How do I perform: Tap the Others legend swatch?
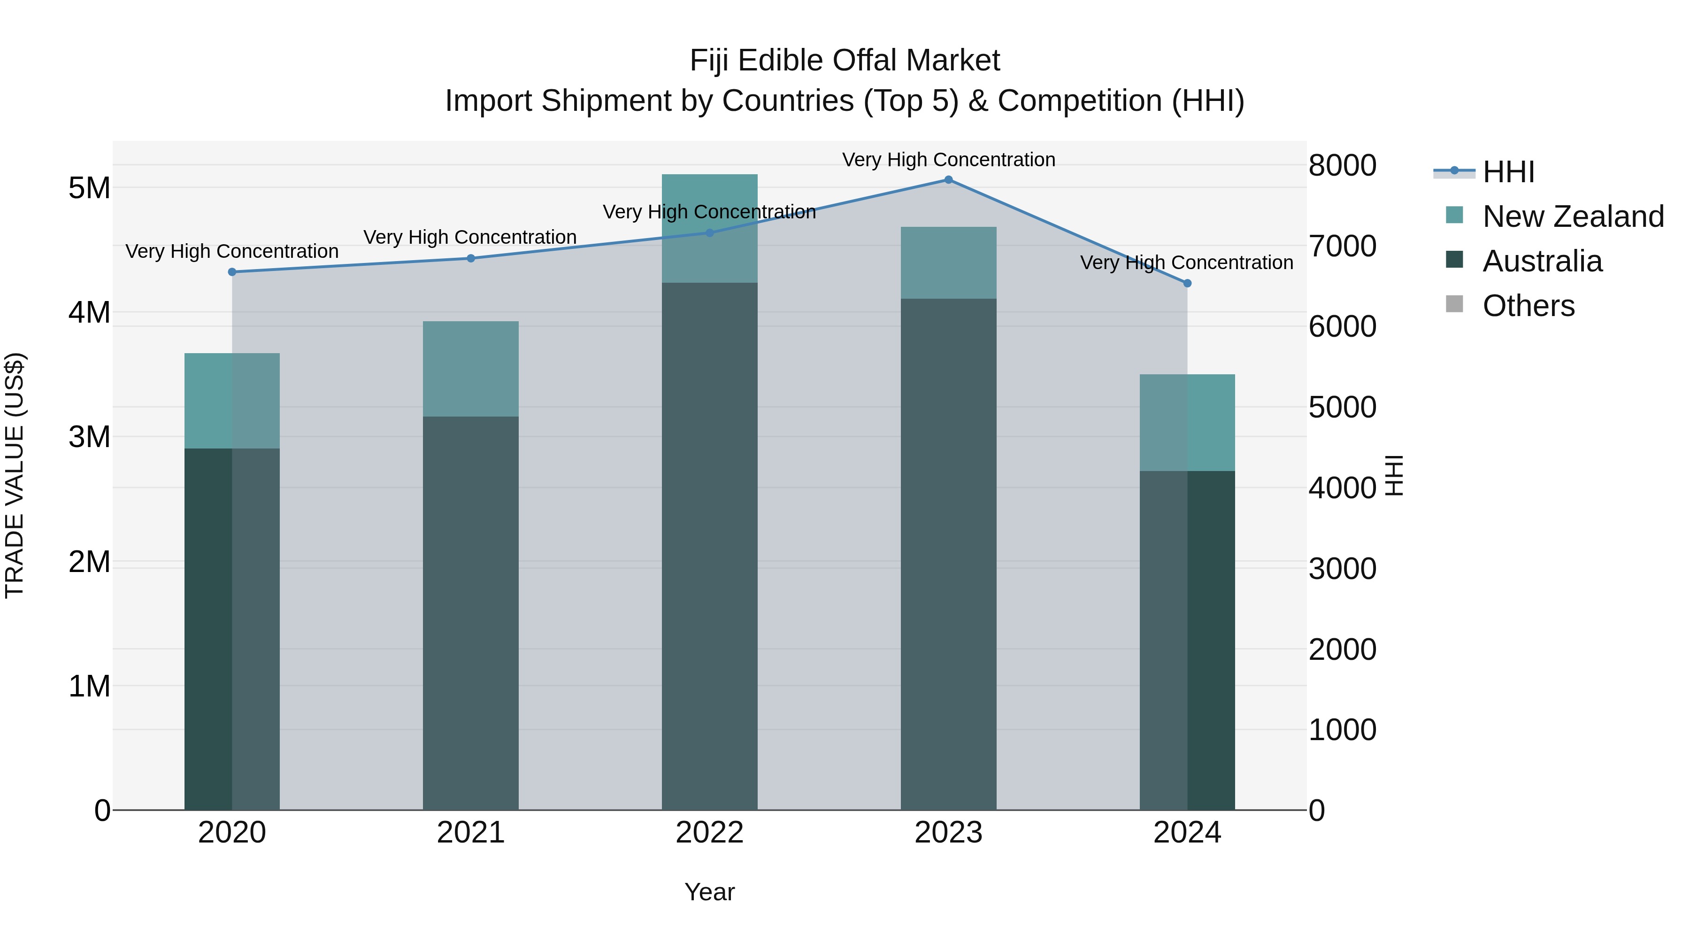point(1454,304)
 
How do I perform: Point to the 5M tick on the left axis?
point(89,188)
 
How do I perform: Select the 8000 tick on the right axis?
point(1342,165)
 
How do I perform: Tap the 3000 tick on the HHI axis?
point(1342,569)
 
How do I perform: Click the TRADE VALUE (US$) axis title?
point(15,475)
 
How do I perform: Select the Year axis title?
point(709,892)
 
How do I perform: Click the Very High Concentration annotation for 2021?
point(470,237)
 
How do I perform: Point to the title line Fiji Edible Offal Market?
point(845,61)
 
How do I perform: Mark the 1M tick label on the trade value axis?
point(89,687)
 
